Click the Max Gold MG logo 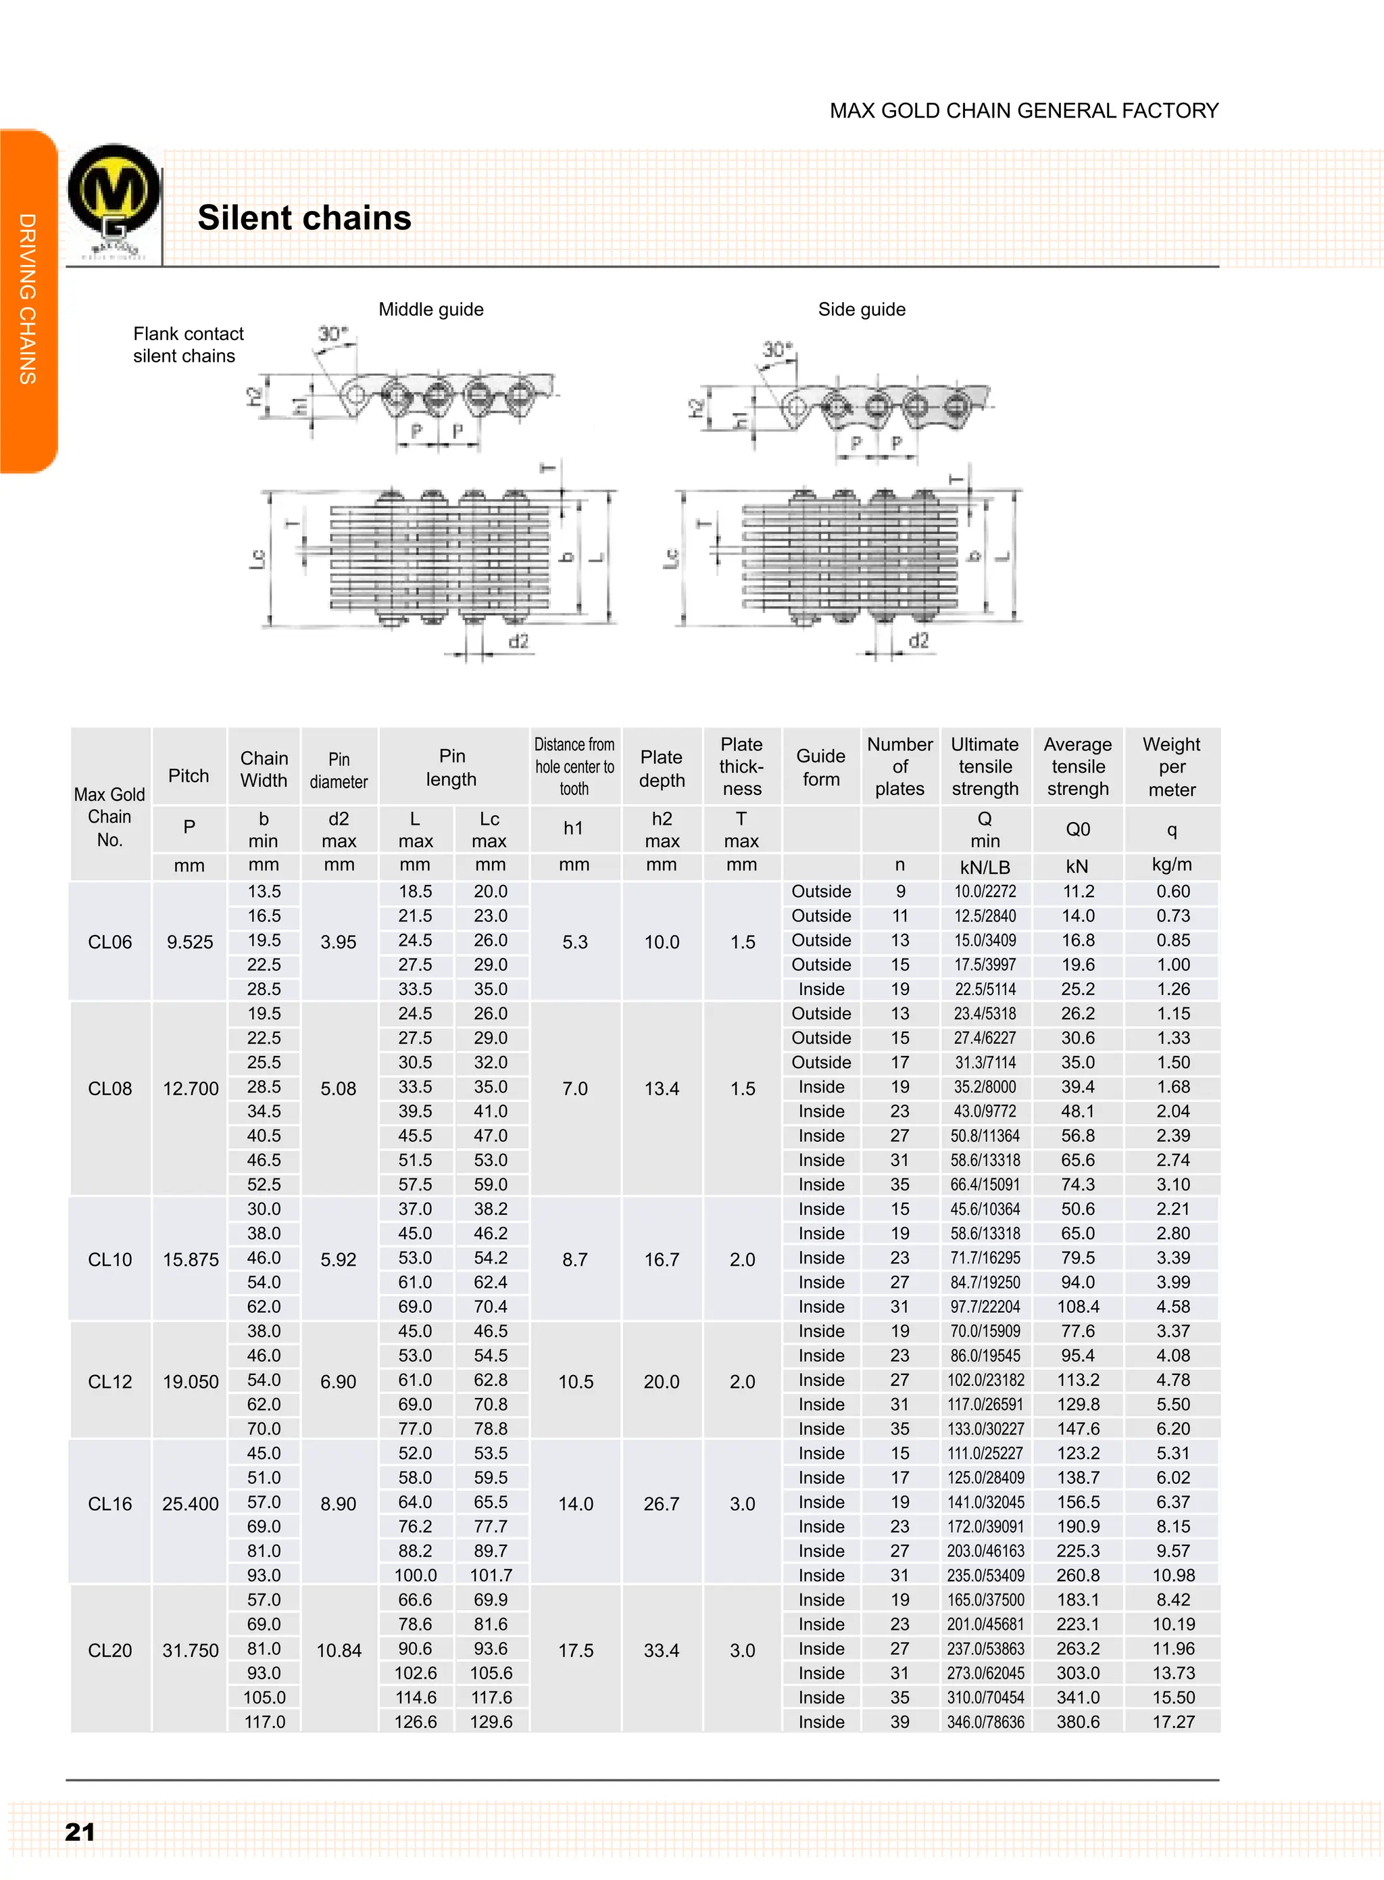[x=114, y=201]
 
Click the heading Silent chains [x=304, y=218]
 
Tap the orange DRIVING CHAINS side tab [x=28, y=299]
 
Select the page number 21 [x=80, y=1831]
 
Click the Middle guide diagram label [x=430, y=310]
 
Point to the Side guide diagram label [x=861, y=310]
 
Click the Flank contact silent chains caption [x=188, y=345]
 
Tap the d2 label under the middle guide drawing [x=518, y=641]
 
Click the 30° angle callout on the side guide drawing [x=776, y=350]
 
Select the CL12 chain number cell [x=109, y=1381]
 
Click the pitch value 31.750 [x=190, y=1650]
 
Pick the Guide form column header [x=820, y=767]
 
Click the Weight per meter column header [x=1171, y=767]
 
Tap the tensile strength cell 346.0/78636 [x=985, y=1722]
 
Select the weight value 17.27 [x=1173, y=1722]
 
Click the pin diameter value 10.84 [x=339, y=1650]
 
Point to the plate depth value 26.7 [x=661, y=1503]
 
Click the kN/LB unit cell [x=985, y=867]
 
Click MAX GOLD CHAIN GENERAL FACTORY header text [x=1024, y=111]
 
